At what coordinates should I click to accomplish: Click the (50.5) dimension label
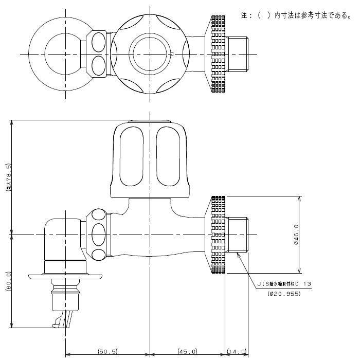pyautogui.click(x=107, y=351)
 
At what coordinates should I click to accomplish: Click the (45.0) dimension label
pyautogui.click(x=188, y=351)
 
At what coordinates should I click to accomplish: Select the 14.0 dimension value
pyautogui.click(x=237, y=351)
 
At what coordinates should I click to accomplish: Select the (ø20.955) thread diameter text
pyautogui.click(x=284, y=294)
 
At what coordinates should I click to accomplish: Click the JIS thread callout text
pyautogui.click(x=284, y=283)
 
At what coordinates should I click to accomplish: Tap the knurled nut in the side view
pyautogui.click(x=218, y=234)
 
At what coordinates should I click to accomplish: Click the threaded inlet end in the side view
pyautogui.click(x=238, y=234)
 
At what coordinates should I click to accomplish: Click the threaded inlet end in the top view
pyautogui.click(x=238, y=53)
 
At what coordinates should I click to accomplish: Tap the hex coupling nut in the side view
pyautogui.click(x=99, y=234)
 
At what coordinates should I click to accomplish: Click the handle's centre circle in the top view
pyautogui.click(x=149, y=53)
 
